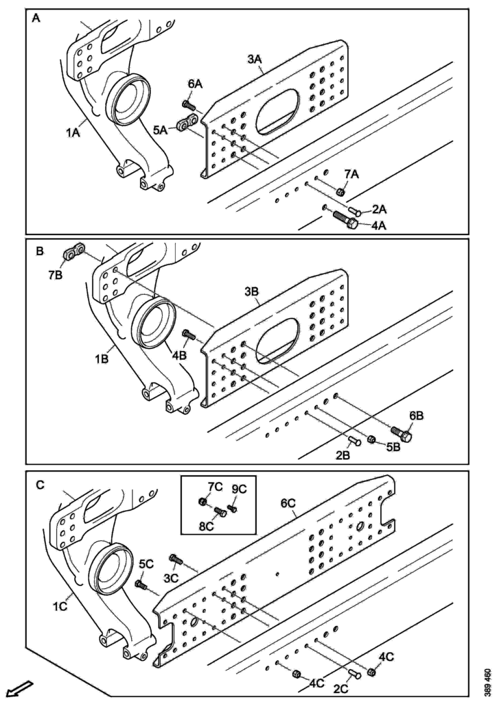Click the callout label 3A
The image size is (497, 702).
[x=255, y=60]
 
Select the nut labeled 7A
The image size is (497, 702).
[x=340, y=192]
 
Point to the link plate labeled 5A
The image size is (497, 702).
[x=186, y=125]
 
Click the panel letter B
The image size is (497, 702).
[x=40, y=252]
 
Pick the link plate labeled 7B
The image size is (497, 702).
[x=74, y=254]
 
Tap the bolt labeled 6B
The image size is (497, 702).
[x=401, y=434]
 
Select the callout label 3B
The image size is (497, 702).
[x=252, y=291]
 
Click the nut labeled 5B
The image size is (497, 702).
[x=371, y=439]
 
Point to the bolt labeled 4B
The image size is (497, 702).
[x=189, y=335]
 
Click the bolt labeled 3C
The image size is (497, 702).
[x=176, y=561]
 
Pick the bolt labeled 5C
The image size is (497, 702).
[x=142, y=585]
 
